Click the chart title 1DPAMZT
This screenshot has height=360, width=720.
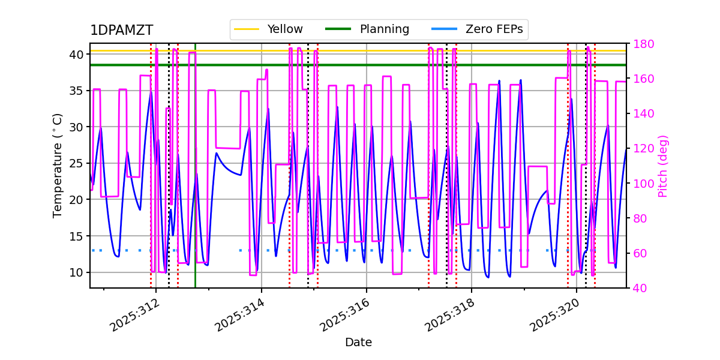[121, 31]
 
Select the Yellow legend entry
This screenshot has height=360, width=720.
[285, 29]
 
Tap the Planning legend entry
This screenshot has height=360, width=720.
[384, 29]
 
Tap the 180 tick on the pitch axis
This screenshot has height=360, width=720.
[640, 44]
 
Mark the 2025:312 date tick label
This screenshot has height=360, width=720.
[136, 315]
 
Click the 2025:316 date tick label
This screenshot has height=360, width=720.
[346, 315]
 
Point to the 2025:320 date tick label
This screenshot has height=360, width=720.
[556, 315]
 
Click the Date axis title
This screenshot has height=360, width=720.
[358, 343]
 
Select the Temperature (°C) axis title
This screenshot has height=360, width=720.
[58, 165]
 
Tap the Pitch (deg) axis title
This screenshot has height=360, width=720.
[663, 166]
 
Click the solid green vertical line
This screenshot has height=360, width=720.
[195, 180]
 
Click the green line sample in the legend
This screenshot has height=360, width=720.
[338, 29]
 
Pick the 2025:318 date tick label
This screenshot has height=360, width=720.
[451, 315]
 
